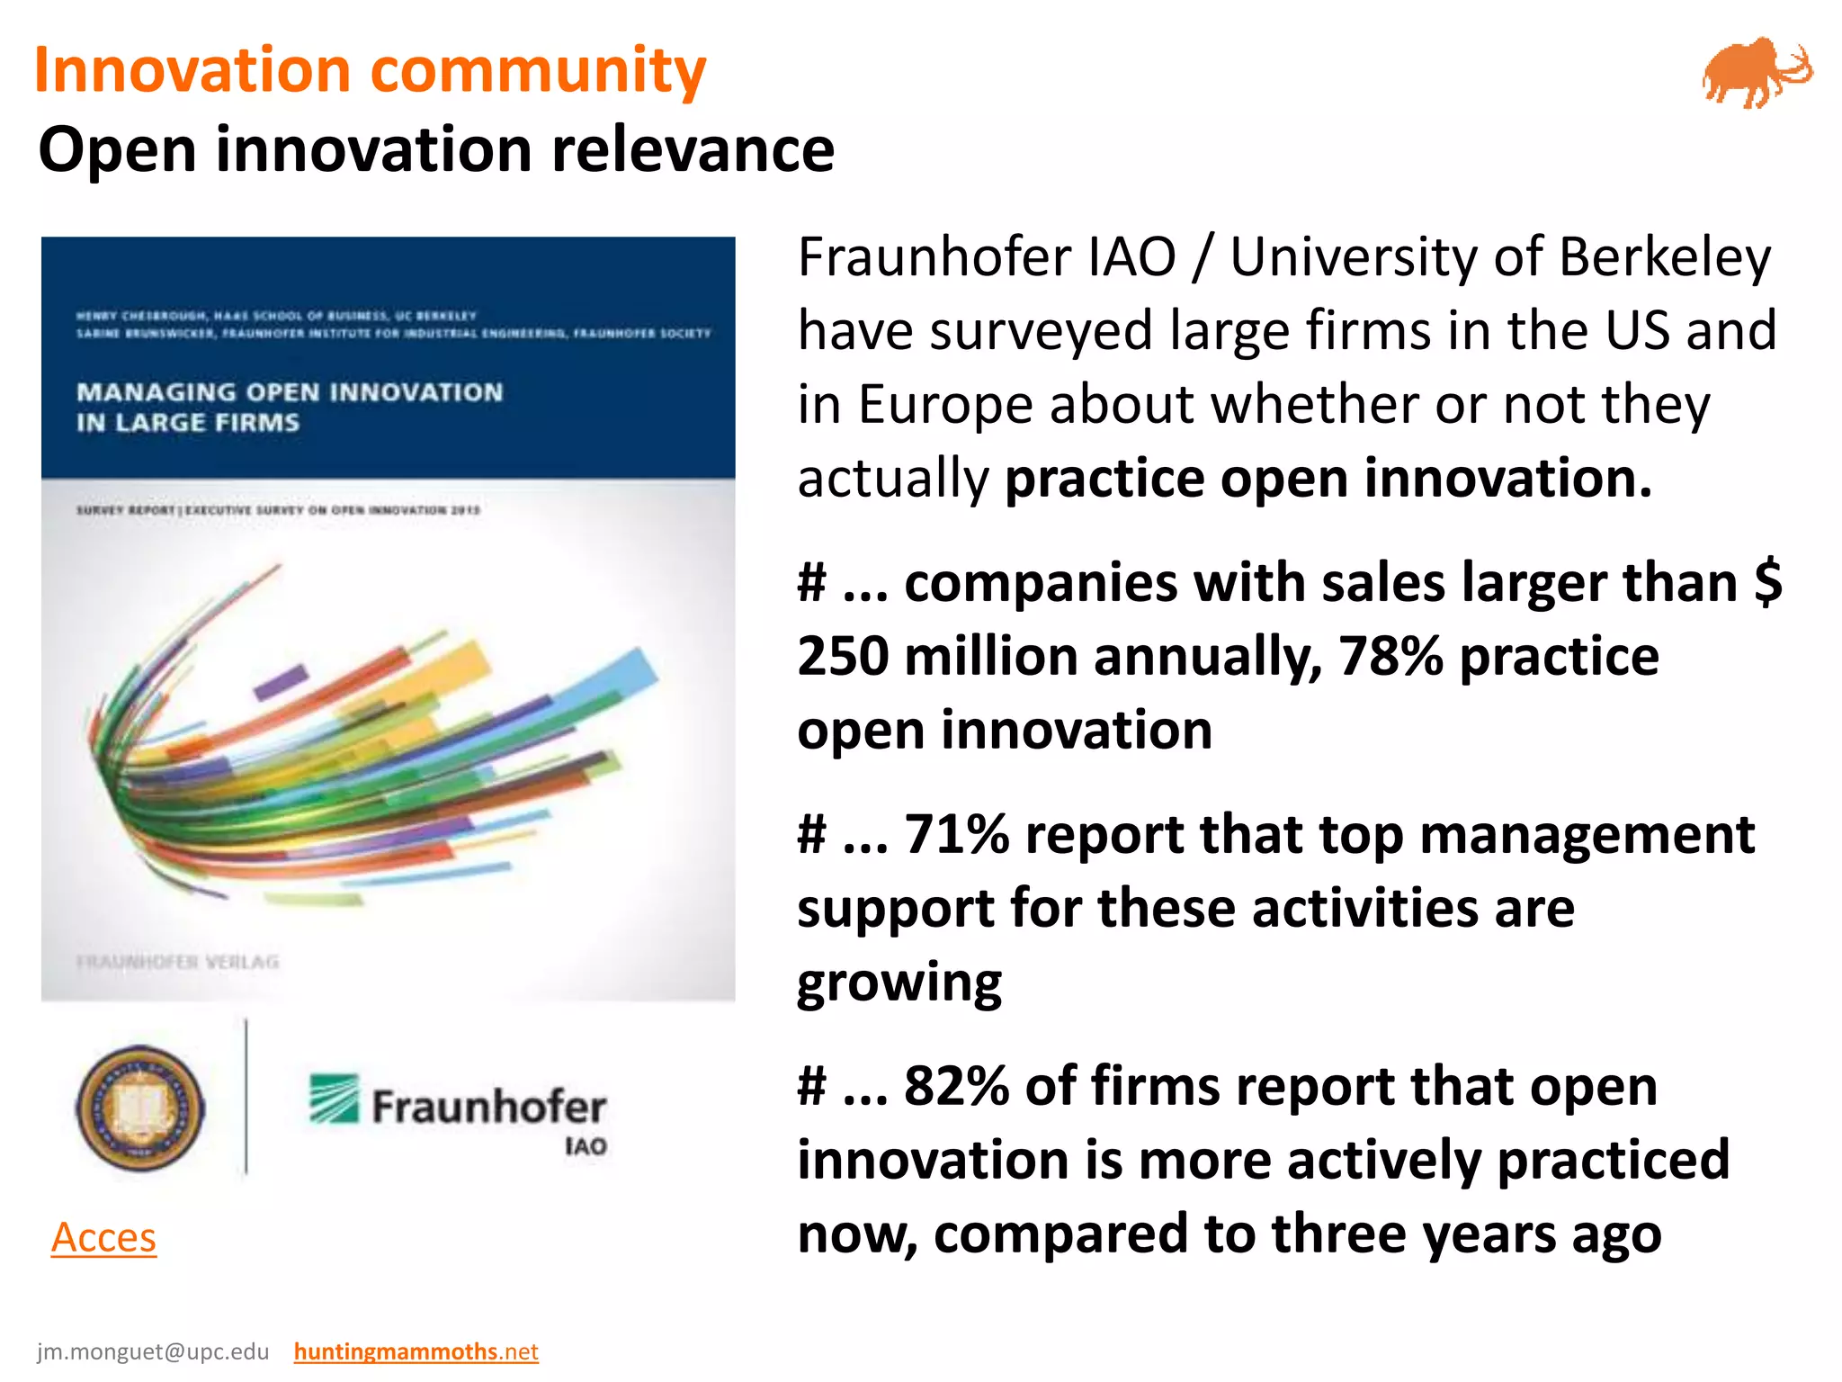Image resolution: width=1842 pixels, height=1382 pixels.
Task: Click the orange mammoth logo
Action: tap(1756, 72)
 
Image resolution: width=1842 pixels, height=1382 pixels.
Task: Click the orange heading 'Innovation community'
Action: tap(371, 70)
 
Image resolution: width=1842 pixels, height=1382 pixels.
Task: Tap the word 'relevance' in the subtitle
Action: tap(693, 149)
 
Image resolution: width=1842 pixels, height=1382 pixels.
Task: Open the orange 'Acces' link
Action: tap(103, 1237)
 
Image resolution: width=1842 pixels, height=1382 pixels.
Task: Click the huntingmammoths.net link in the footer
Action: tap(416, 1351)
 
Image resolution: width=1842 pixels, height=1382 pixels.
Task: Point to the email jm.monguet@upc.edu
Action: tap(153, 1351)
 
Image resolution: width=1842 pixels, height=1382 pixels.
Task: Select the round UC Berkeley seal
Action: tap(140, 1108)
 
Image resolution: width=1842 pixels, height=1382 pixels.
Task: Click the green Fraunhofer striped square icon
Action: tap(335, 1099)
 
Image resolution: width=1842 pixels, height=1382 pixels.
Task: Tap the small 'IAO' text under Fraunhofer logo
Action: tap(586, 1146)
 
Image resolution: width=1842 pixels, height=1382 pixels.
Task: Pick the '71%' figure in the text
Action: tap(956, 834)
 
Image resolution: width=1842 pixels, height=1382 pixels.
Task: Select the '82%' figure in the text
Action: tap(956, 1086)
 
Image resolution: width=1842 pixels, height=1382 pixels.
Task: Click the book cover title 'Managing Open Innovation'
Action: tap(290, 393)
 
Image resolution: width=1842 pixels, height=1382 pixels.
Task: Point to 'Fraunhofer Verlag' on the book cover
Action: tap(178, 962)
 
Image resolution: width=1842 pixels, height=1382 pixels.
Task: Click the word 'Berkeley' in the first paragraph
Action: tap(1665, 257)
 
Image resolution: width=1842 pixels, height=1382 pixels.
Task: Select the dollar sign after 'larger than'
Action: tap(1768, 582)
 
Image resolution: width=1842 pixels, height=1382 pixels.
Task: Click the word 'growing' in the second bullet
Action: tap(899, 982)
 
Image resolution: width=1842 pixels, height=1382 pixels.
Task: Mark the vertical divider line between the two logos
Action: tap(246, 1097)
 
